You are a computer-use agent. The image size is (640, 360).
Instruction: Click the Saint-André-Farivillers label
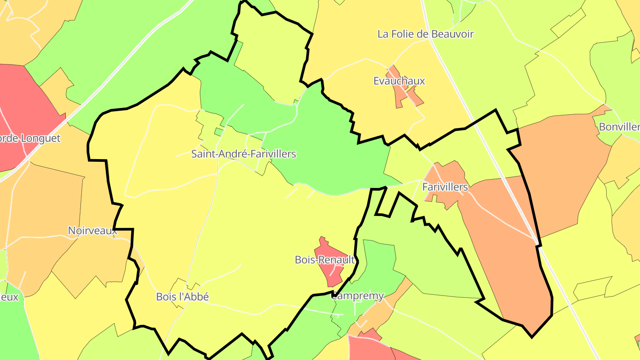pos(243,154)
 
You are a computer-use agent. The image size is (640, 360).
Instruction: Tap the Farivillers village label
pos(445,187)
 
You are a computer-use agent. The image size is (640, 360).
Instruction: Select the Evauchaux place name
pos(399,81)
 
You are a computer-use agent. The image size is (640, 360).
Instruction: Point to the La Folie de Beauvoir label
pos(425,34)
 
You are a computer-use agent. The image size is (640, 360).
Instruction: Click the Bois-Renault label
pos(325,260)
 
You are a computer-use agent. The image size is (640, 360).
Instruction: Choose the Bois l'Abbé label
pos(182,296)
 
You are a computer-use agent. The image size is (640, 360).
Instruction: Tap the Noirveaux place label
pos(92,231)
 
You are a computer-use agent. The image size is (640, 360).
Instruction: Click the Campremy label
pos(358,296)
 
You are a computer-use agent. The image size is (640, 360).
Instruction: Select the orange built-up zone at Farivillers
pos(449,173)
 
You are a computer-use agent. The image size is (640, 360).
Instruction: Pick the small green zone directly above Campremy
pos(378,262)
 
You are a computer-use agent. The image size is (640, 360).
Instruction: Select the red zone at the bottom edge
pos(369,349)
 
